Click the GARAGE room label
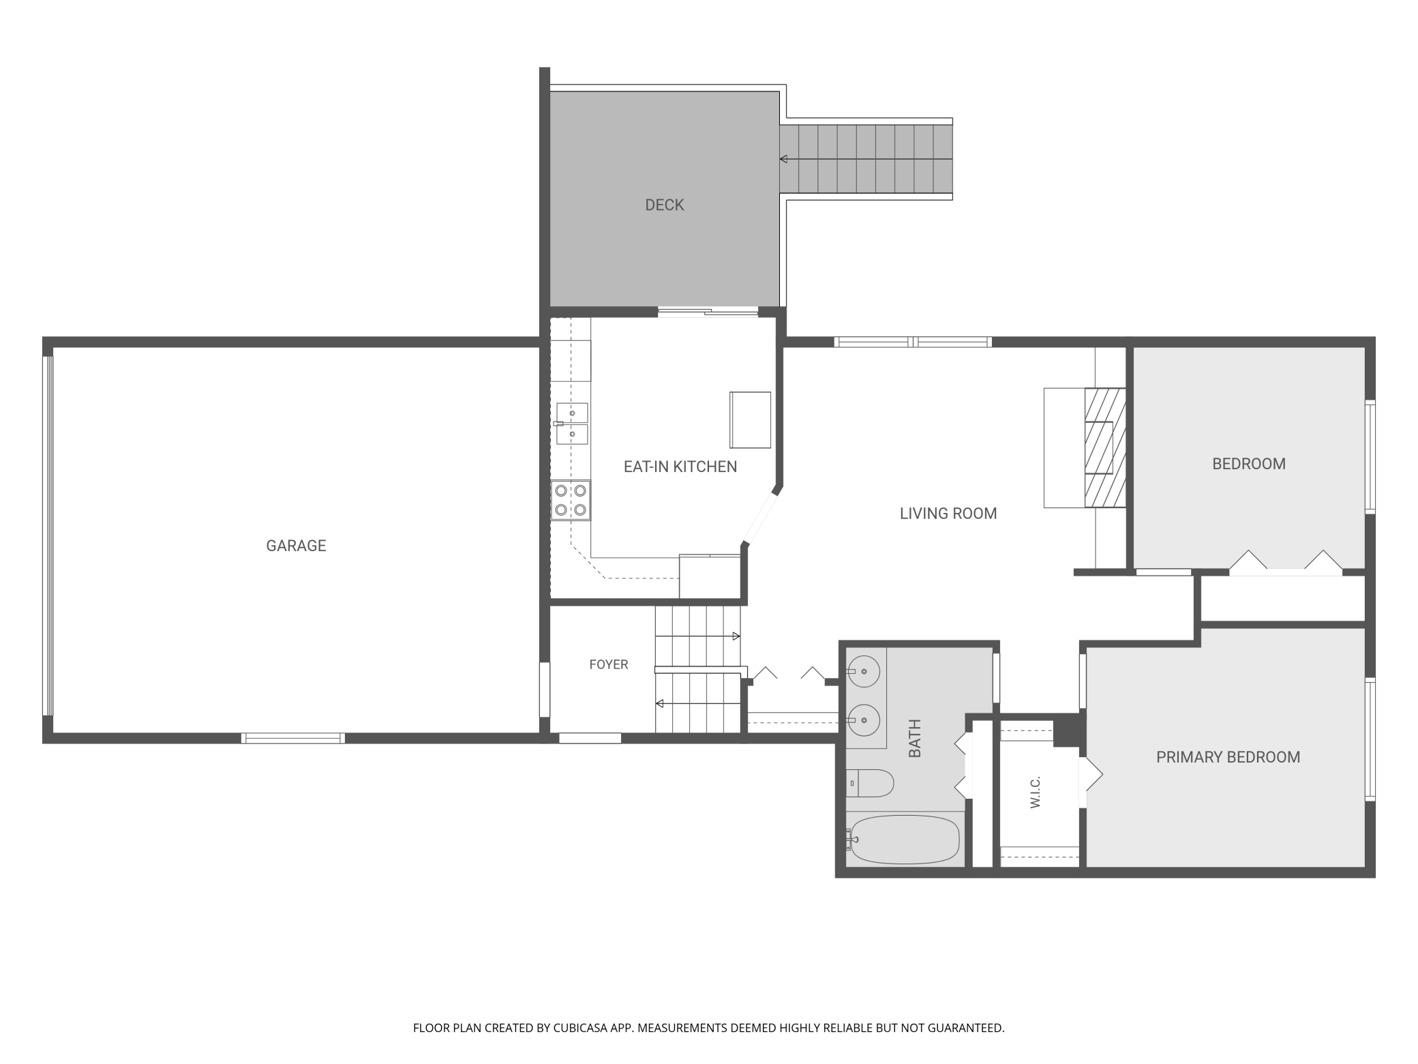296,546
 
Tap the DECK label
665,205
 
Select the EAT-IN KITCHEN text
680,467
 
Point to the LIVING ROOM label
948,514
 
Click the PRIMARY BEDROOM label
1228,757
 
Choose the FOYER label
609,664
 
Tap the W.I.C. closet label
1036,792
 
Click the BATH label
915,738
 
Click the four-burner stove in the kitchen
571,500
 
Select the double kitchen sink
572,424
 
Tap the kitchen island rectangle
750,419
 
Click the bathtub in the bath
904,839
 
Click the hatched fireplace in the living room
1104,448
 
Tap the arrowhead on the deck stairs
784,159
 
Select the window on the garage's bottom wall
293,738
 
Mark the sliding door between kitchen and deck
708,312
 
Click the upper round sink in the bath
863,672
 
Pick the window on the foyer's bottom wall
590,738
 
